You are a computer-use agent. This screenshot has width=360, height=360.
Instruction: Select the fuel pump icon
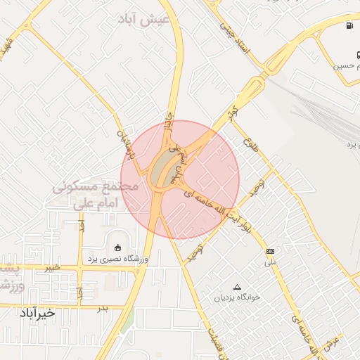[x=349, y=27]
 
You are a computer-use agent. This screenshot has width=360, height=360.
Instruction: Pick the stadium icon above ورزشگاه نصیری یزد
[x=117, y=247]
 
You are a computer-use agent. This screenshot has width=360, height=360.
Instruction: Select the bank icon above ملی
[x=270, y=251]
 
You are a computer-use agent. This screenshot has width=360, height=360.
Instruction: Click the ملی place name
[x=271, y=262]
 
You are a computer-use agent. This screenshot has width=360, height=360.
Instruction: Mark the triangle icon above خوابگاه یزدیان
[x=237, y=287]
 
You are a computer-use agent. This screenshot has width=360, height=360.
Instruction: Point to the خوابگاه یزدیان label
[x=238, y=297]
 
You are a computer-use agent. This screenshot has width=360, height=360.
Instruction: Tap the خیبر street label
[x=51, y=268]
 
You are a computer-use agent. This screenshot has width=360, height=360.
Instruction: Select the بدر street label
[x=103, y=308]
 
